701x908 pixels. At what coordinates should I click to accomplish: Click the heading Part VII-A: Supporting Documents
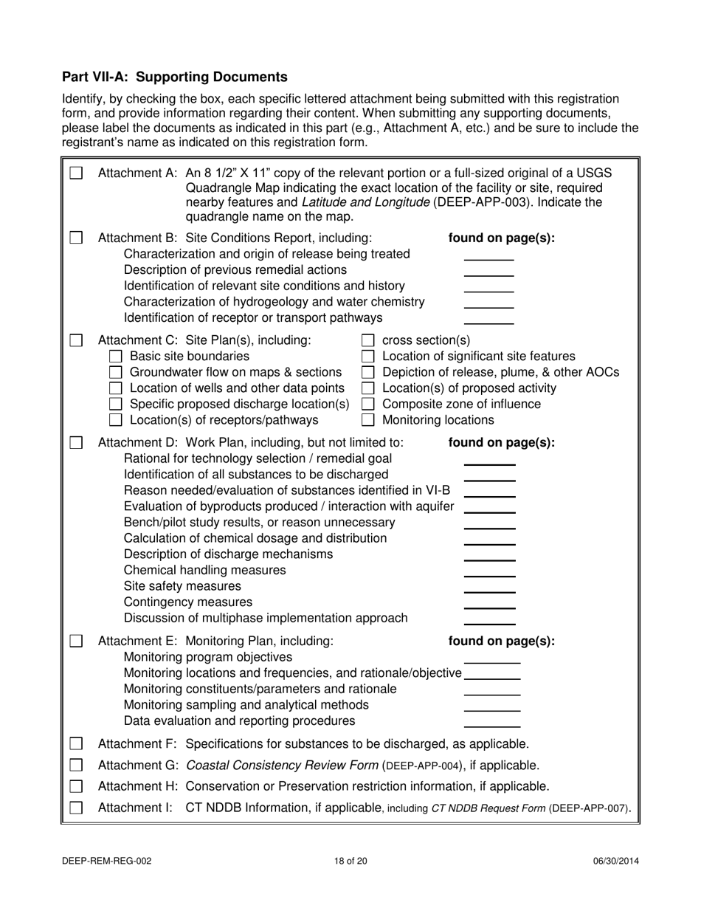point(174,77)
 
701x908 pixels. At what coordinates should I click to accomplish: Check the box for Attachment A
point(76,173)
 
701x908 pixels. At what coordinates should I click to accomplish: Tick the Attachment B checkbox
point(76,238)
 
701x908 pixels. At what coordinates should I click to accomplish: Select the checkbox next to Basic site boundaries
point(115,356)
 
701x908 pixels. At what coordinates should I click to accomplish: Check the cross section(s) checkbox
point(367,340)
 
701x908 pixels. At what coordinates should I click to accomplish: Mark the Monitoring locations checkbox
point(367,420)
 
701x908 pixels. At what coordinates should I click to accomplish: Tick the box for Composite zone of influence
point(367,404)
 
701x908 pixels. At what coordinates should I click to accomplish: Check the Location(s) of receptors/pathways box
point(115,420)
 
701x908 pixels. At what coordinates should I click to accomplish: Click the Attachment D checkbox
point(76,443)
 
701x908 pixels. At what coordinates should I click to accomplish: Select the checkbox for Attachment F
point(76,743)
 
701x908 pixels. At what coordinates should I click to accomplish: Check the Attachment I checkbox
point(76,808)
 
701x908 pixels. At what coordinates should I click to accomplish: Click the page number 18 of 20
point(350,860)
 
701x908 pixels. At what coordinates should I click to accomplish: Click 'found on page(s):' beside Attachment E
point(502,641)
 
